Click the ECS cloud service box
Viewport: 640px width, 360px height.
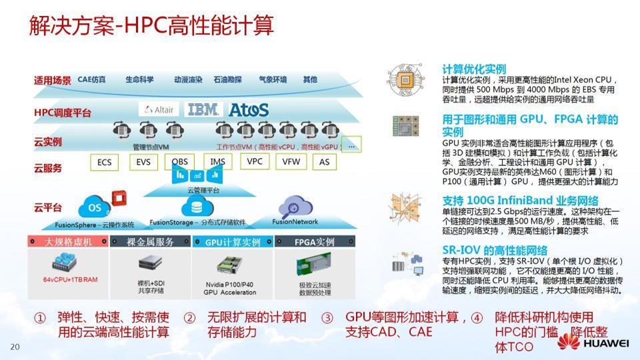[104, 162]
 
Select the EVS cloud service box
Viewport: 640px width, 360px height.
[143, 162]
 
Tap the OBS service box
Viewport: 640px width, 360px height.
[180, 162]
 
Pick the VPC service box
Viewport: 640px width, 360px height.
[255, 161]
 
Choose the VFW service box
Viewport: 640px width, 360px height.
[291, 161]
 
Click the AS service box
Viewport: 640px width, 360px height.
[324, 162]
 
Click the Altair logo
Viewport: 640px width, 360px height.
[158, 110]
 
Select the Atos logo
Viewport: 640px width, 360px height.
[249, 109]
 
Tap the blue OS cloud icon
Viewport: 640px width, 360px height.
[95, 207]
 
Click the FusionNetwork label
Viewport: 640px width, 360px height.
[295, 222]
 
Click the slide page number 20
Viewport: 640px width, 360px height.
[15, 347]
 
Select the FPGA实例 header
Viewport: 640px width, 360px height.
[314, 242]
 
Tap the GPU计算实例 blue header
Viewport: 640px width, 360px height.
[233, 242]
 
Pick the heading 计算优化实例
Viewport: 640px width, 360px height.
[474, 68]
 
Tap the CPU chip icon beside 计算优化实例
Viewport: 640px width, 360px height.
[405, 79]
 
